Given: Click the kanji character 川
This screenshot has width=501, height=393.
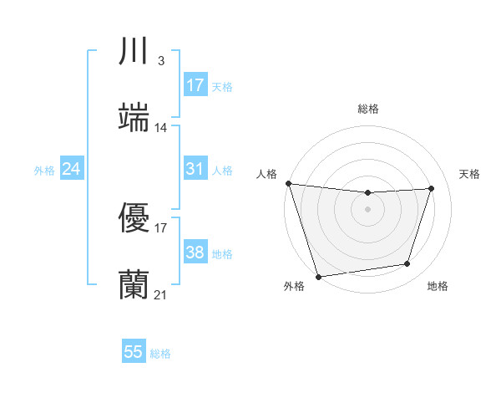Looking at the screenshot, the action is [x=134, y=53].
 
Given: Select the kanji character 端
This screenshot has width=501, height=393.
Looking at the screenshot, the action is [x=134, y=118].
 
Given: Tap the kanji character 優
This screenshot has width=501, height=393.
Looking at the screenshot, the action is [x=134, y=218].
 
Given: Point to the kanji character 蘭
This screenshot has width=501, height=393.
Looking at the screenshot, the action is [x=134, y=284].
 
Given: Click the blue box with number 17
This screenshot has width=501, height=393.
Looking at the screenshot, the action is [x=195, y=85].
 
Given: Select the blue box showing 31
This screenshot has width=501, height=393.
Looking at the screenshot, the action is [x=195, y=169].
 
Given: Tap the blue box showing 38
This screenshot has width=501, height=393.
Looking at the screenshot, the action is [x=195, y=253].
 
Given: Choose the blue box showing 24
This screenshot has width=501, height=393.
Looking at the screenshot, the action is [x=71, y=169].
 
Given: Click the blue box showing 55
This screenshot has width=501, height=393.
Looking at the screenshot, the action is [x=134, y=352].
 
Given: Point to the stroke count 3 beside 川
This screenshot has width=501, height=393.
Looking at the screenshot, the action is [x=160, y=61].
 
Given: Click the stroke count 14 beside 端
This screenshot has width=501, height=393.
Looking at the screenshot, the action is [x=161, y=128].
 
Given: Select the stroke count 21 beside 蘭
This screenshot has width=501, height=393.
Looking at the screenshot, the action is [x=161, y=294].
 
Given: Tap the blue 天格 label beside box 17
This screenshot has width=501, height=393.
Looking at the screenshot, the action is [x=222, y=86].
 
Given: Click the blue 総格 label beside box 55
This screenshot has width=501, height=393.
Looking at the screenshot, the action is [x=160, y=353].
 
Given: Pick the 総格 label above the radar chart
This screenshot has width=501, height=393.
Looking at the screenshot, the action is [x=368, y=109].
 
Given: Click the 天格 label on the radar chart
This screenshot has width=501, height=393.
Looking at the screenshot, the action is [x=469, y=174].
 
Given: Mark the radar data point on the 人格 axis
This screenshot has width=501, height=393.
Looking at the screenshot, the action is [x=288, y=183].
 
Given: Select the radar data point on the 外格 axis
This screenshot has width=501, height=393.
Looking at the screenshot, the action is [x=318, y=276].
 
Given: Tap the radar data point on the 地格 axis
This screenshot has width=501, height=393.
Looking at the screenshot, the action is [x=407, y=264].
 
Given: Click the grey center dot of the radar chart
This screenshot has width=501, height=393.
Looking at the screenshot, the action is [x=368, y=209].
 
